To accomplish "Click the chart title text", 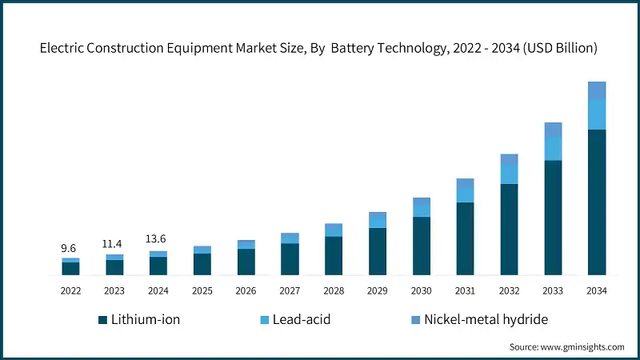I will [x=319, y=48].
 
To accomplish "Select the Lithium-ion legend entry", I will [x=139, y=320].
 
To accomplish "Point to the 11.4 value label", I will [x=114, y=244].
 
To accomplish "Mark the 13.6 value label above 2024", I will [x=158, y=239].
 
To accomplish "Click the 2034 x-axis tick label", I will [x=596, y=290].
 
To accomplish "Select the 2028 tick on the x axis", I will [x=334, y=290].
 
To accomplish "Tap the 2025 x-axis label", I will [x=202, y=290].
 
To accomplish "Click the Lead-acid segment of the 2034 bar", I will [x=597, y=114].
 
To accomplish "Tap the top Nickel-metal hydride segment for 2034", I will [x=597, y=90].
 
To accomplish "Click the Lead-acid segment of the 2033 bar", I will [x=553, y=148].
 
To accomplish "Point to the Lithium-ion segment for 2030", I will [x=422, y=246].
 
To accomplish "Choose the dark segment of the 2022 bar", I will [x=70, y=268].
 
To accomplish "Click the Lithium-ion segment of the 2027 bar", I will [x=290, y=258].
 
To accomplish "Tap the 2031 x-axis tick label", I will [x=465, y=290].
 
